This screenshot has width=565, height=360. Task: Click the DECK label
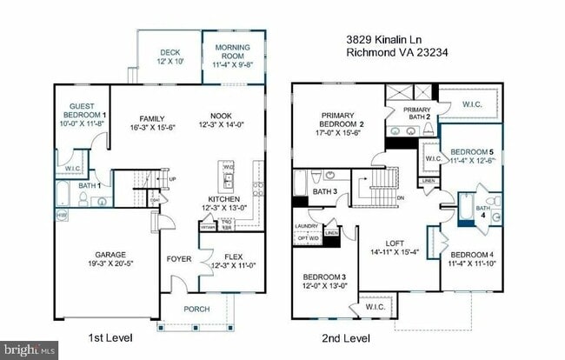point(169,52)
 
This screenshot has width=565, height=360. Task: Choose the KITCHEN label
point(225,201)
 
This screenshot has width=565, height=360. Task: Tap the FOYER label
point(179,259)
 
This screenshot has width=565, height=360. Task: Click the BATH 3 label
point(324,191)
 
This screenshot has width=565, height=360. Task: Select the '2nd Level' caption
point(347,338)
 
